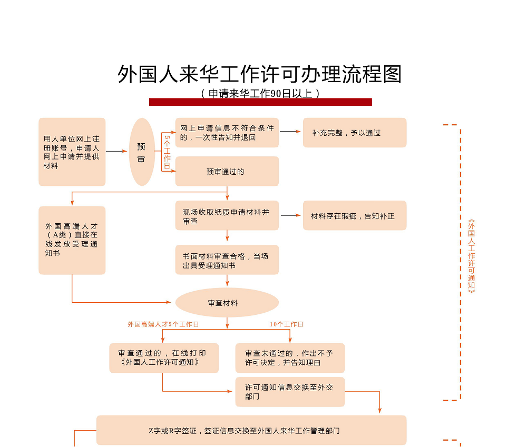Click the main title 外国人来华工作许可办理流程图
[260, 74]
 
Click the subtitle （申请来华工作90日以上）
[260, 93]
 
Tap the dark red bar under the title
[260, 102]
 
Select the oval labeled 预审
[142, 152]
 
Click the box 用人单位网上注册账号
[72, 152]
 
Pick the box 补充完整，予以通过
[354, 133]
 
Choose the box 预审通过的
[227, 171]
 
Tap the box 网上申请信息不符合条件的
[227, 133]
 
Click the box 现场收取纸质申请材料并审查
[227, 215]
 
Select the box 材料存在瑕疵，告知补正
[354, 215]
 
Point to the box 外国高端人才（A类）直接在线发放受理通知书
[72, 240]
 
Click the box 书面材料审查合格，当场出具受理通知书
[227, 260]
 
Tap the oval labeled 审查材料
[227, 303]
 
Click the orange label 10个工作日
[287, 324]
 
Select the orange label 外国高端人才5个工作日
[163, 324]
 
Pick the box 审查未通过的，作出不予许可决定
[290, 358]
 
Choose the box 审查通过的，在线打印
[164, 358]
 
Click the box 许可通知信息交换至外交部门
[290, 392]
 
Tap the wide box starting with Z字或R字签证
[251, 430]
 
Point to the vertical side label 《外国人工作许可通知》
[471, 256]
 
